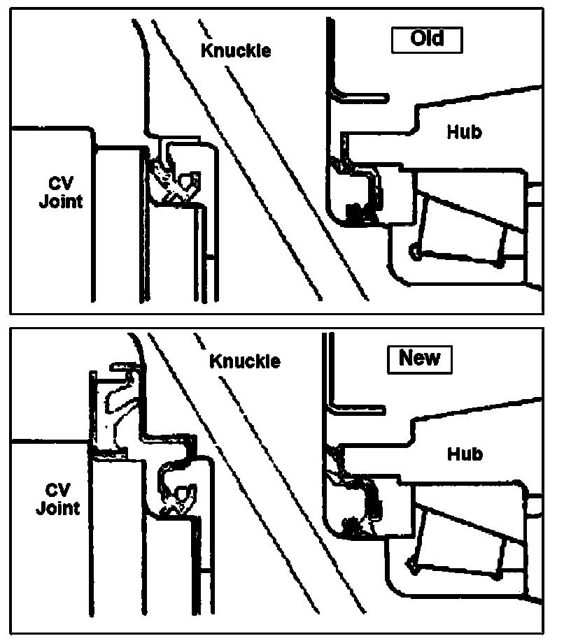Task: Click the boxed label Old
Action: click(x=426, y=38)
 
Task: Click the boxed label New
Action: click(x=419, y=359)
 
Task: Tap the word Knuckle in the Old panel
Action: click(x=236, y=51)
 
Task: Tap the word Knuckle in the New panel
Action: click(x=245, y=361)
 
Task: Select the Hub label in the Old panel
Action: click(x=464, y=131)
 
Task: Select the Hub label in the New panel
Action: click(x=465, y=454)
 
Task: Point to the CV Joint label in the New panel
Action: click(x=57, y=498)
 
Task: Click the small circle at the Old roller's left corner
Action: click(x=416, y=250)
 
